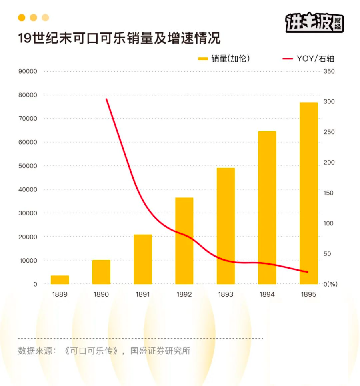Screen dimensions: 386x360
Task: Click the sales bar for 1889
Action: [x=60, y=279]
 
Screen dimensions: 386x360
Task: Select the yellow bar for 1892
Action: [x=184, y=241]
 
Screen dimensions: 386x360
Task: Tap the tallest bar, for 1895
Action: [x=308, y=193]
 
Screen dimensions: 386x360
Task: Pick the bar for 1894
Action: [x=267, y=207]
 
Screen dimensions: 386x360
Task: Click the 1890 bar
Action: [x=101, y=272]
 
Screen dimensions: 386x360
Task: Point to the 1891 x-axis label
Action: [x=143, y=295]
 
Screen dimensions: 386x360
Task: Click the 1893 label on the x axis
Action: [x=226, y=295]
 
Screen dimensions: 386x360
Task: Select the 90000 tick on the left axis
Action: [x=28, y=71]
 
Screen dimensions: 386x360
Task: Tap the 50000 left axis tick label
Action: [x=28, y=166]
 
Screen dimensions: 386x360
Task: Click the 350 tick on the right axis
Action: [x=329, y=71]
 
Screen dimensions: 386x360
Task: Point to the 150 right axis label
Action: [x=329, y=193]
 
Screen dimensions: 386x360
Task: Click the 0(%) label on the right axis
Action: [x=330, y=284]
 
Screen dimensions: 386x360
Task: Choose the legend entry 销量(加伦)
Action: [x=224, y=58]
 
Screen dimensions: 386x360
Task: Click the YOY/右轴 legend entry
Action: [x=308, y=58]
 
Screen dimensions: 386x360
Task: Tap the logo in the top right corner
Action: [x=314, y=23]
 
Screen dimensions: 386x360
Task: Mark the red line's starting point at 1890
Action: [x=106, y=99]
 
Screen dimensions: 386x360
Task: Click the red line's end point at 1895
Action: [x=308, y=272]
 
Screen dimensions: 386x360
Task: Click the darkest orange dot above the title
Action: [x=22, y=18]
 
